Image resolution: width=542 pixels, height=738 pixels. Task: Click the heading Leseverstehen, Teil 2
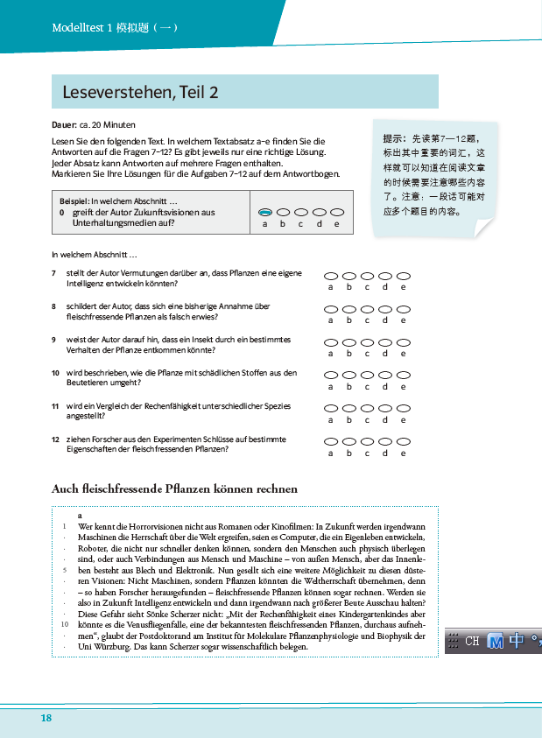[140, 92]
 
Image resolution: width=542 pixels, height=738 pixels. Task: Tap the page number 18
[46, 718]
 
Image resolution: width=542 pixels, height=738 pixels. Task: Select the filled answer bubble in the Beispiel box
[265, 212]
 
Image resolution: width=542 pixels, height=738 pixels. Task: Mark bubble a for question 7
[331, 276]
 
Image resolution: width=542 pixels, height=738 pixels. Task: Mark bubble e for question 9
[404, 342]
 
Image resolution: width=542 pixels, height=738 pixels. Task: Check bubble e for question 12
[404, 442]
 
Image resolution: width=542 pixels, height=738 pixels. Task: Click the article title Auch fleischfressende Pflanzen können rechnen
[175, 488]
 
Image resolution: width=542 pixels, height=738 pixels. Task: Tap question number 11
[55, 406]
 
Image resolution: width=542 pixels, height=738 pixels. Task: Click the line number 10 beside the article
[63, 624]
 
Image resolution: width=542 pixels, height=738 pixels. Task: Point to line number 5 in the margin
[64, 569]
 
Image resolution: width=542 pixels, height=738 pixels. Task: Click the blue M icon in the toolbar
[496, 641]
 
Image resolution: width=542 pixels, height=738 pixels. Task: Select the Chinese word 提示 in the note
[394, 137]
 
